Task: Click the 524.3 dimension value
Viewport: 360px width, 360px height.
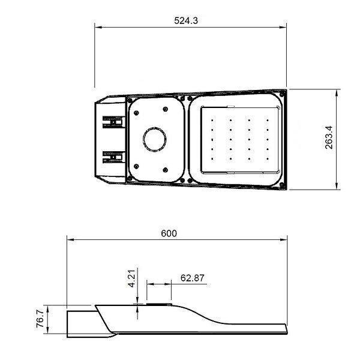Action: (x=186, y=20)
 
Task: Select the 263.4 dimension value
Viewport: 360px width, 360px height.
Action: (x=329, y=137)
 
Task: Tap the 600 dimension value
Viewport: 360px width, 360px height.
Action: (x=169, y=233)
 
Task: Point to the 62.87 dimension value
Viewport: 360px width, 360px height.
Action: (x=193, y=278)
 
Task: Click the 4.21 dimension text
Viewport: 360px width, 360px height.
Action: (x=132, y=278)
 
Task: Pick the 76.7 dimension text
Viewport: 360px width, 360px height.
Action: (x=40, y=319)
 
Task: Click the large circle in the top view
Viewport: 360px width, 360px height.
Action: (x=155, y=139)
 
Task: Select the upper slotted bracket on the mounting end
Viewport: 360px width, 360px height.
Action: (x=114, y=122)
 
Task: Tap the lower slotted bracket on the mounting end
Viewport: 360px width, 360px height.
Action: (x=114, y=157)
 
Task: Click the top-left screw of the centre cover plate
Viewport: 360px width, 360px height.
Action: (x=136, y=113)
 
